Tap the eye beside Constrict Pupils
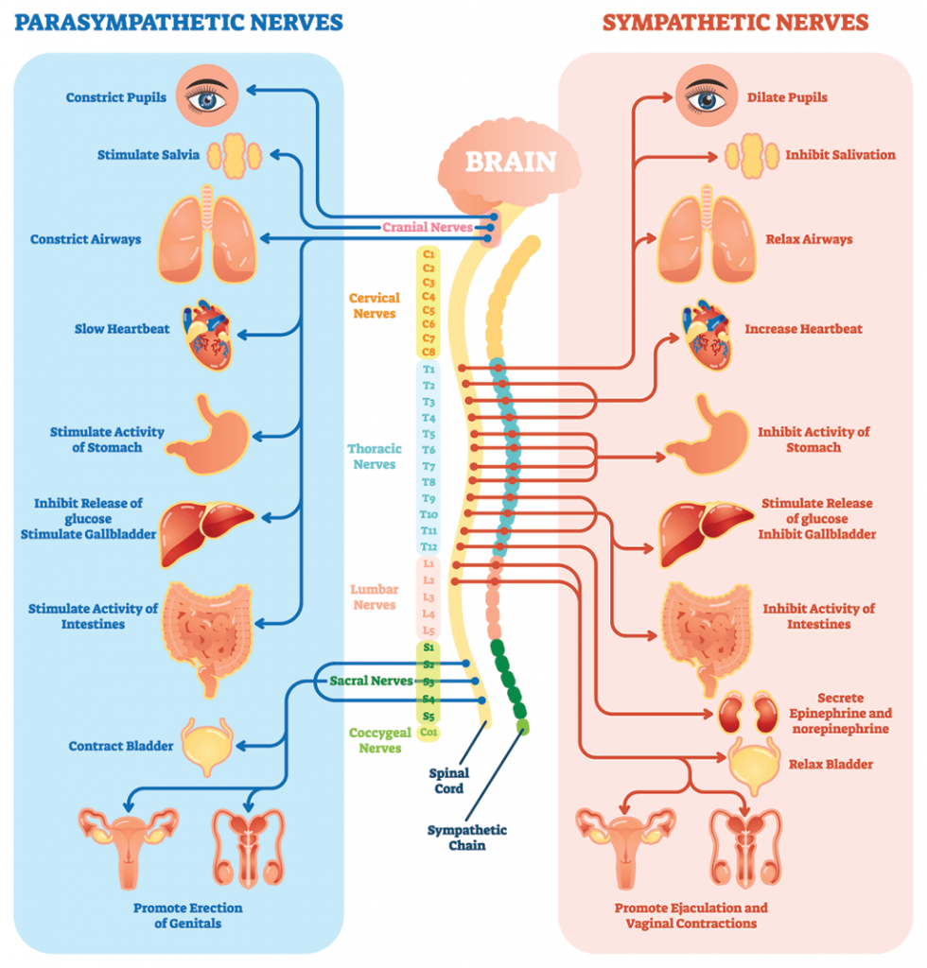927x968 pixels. pos(205,97)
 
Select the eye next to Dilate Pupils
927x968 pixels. pos(706,97)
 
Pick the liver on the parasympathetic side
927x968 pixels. pos(203,521)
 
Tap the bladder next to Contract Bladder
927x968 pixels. pos(205,746)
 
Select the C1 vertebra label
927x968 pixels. pos(429,254)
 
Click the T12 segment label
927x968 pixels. pos(429,546)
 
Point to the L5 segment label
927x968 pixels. pos(429,630)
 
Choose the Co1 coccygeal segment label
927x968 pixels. pos(429,732)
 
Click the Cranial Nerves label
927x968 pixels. pos(427,227)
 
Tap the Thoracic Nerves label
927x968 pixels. pos(373,457)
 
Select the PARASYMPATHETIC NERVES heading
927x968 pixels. pos(179,21)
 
